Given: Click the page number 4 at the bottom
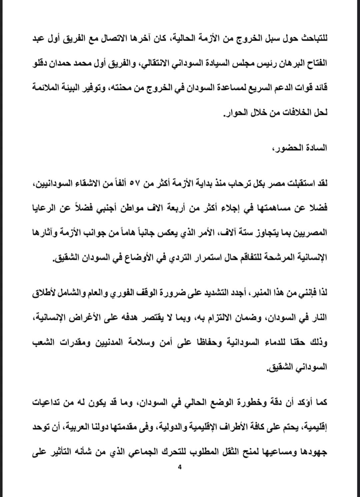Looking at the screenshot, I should [180, 467].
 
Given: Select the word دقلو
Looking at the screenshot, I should [43, 62].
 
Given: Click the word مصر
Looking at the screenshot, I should [279, 184].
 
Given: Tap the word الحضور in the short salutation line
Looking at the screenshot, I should [281, 148].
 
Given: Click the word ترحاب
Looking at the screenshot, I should [244, 184].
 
